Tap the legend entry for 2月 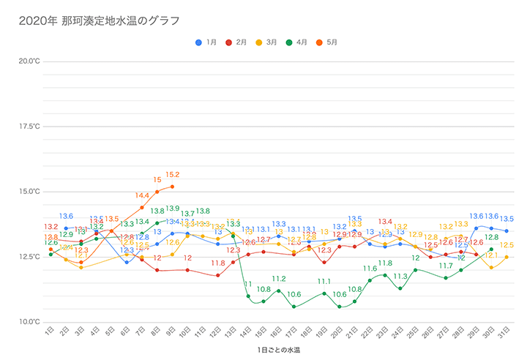(236, 42)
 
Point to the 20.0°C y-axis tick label (30, 61)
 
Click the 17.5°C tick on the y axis (30, 127)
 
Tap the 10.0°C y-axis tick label (30, 322)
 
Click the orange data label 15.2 (173, 175)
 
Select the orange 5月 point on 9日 (172, 187)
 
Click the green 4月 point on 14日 (248, 296)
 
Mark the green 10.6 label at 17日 (294, 294)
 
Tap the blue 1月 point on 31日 (507, 231)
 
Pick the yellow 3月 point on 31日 (507, 257)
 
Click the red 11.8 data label (218, 263)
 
